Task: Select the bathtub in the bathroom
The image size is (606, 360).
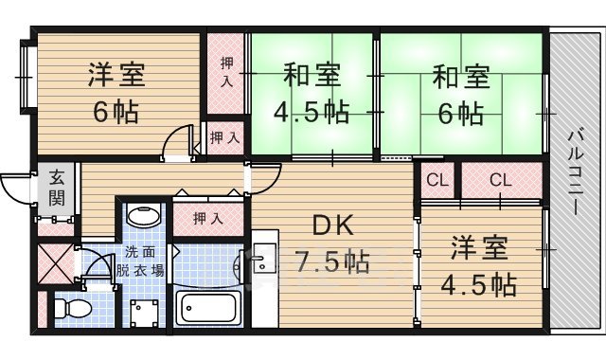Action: [x=209, y=309]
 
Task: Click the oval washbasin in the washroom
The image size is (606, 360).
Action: [x=143, y=216]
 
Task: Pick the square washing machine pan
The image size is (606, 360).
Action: [x=143, y=311]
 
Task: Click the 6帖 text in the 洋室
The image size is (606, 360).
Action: [x=115, y=112]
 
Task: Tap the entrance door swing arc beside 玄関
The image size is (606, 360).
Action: [x=16, y=187]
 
